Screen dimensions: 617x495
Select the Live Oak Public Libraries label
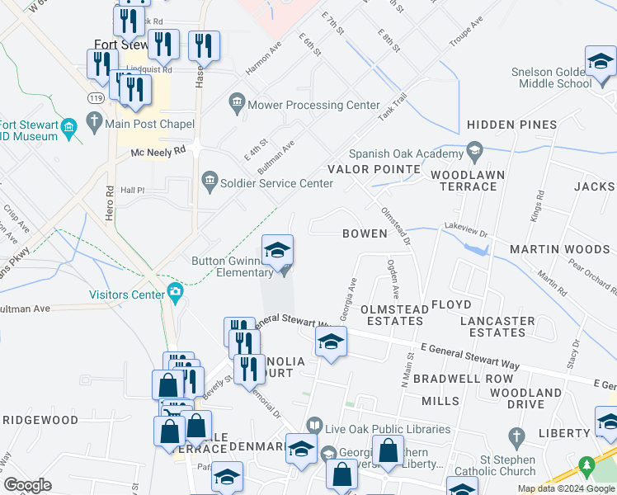(389, 429)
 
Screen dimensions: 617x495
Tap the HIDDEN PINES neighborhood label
(511, 125)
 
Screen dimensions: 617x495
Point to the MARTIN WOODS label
(559, 249)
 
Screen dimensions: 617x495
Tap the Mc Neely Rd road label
(158, 153)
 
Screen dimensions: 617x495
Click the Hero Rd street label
(110, 203)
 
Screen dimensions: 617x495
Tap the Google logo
(28, 485)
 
